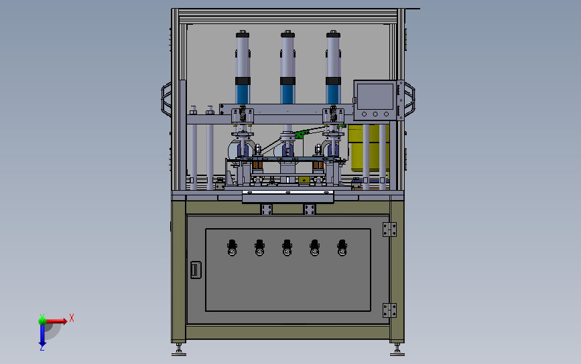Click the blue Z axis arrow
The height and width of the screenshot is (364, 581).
pos(42,339)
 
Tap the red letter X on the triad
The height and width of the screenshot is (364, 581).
pos(71,318)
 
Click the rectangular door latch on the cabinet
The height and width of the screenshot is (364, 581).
pos(195,270)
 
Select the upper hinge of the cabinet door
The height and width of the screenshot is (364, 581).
pos(388,230)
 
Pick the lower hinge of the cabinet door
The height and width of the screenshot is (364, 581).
pos(388,310)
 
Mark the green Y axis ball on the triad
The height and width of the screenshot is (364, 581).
pos(42,320)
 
